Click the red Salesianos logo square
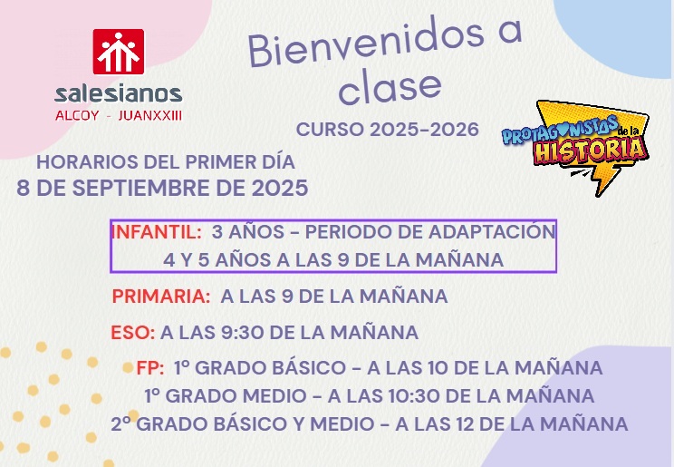(119, 52)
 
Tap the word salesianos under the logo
(119, 93)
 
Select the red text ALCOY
(77, 115)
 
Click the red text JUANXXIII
(150, 115)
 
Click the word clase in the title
(390, 86)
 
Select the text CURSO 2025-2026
(388, 129)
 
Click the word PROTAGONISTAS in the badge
(559, 129)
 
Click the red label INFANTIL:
(157, 232)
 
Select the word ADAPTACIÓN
(492, 231)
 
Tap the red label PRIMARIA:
(161, 297)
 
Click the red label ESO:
(133, 333)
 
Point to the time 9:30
(242, 333)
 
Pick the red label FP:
(150, 368)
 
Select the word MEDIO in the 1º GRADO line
(278, 396)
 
